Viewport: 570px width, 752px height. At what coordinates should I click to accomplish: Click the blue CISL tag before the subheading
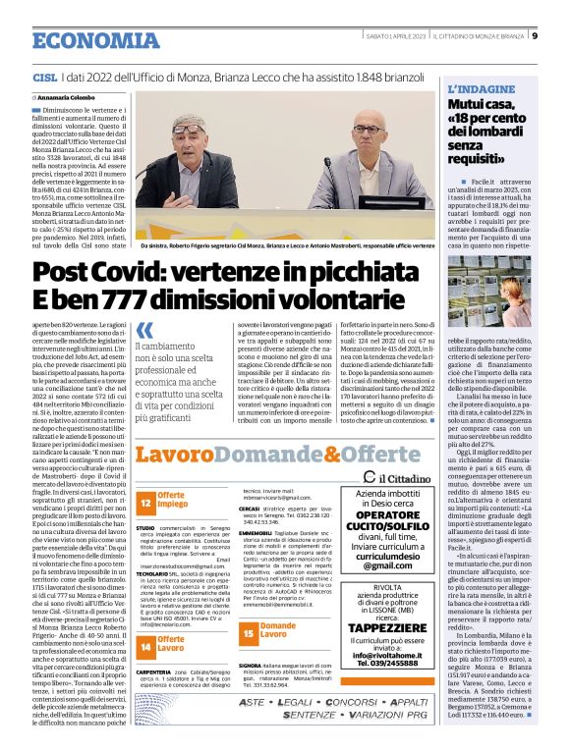[x=44, y=77]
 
